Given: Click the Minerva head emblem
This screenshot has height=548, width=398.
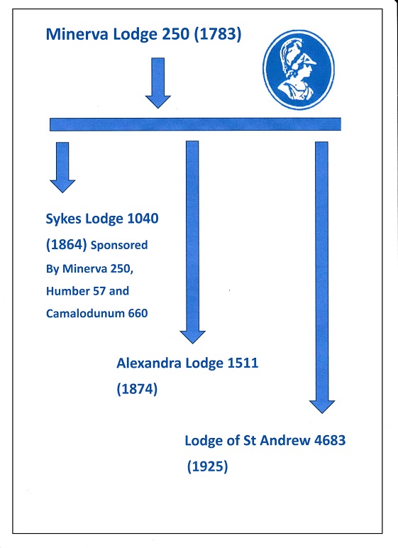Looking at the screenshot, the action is click(299, 70).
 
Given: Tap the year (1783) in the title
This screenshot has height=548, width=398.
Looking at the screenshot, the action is click(217, 34).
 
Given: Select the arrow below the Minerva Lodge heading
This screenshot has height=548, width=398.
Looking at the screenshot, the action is click(158, 83).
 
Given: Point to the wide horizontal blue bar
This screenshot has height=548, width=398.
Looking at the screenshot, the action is click(195, 124).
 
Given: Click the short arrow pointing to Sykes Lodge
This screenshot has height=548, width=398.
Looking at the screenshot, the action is click(62, 168).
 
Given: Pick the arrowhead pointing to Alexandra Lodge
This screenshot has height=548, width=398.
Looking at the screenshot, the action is click(192, 337).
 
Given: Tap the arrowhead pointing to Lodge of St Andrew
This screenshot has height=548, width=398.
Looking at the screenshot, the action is click(322, 407).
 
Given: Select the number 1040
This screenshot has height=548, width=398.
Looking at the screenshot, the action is click(143, 219).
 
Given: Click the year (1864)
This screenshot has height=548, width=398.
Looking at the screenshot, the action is click(67, 244).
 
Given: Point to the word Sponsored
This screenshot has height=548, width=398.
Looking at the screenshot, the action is click(119, 246).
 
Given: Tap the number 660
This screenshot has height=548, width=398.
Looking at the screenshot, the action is click(138, 314).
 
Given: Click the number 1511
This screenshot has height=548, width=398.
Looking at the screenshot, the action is click(243, 363).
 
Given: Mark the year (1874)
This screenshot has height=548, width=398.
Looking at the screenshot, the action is click(137, 388).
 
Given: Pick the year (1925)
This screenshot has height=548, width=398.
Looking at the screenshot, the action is click(208, 466).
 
